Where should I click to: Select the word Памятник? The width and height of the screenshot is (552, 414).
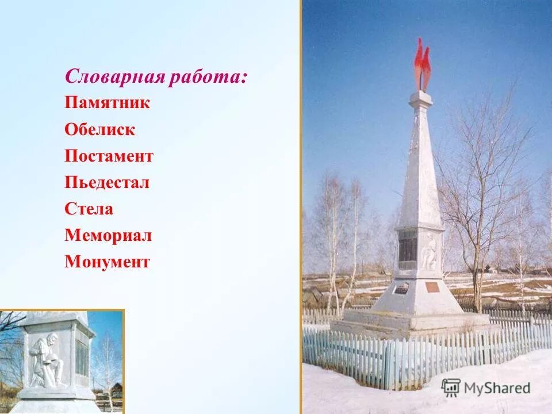click(x=108, y=103)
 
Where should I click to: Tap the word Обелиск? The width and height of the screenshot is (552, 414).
click(x=100, y=129)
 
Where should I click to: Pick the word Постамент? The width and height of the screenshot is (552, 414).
click(x=109, y=156)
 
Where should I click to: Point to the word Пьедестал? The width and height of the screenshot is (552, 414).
click(x=107, y=182)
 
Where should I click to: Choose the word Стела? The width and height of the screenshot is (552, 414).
click(x=89, y=209)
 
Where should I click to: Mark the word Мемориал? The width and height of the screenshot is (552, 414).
click(x=108, y=235)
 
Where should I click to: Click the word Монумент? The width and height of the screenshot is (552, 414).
click(x=108, y=262)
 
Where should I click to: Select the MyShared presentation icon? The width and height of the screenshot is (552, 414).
click(x=451, y=388)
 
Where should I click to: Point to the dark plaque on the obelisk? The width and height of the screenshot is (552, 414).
click(x=408, y=250)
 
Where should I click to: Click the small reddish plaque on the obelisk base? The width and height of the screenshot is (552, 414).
click(x=432, y=286)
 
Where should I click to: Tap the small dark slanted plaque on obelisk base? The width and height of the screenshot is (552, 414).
click(x=402, y=287)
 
